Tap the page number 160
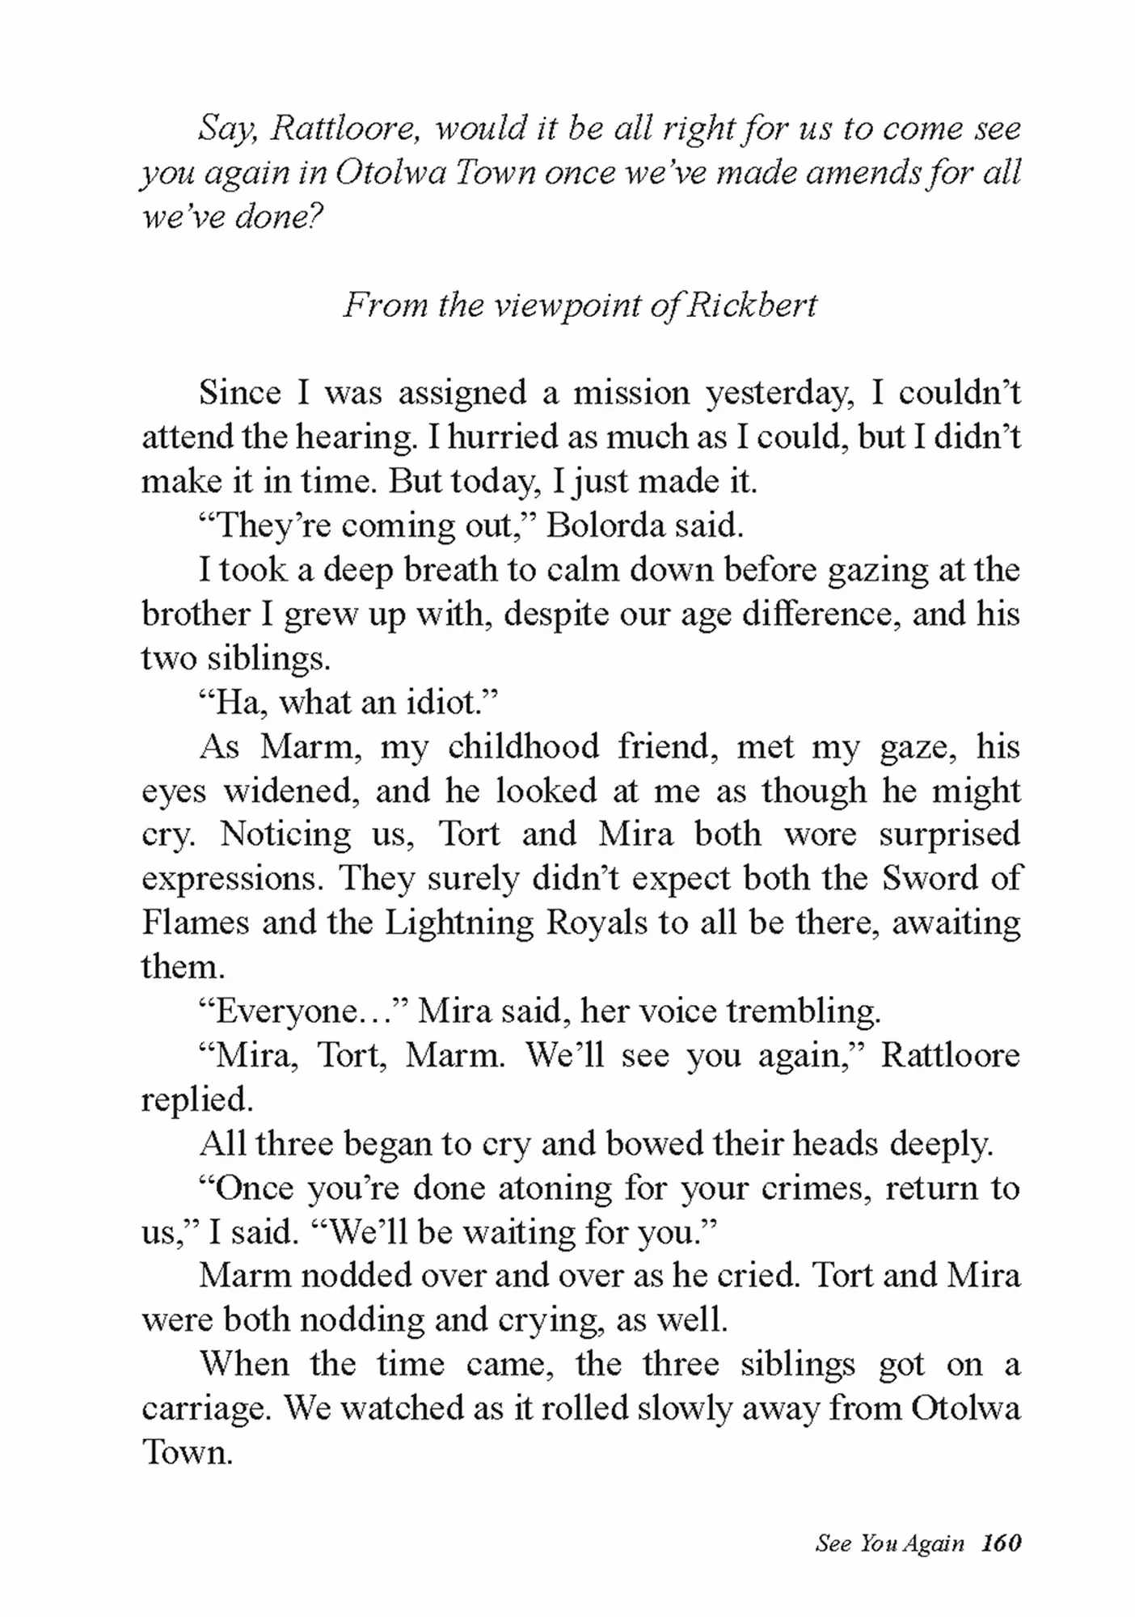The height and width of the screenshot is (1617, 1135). pyautogui.click(x=1001, y=1543)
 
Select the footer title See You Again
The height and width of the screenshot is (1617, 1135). pyautogui.click(x=889, y=1543)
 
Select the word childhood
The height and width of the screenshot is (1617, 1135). pyautogui.click(x=523, y=746)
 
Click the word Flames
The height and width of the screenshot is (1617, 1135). pyautogui.click(x=196, y=922)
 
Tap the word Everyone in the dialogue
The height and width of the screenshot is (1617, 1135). pyautogui.click(x=286, y=1011)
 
